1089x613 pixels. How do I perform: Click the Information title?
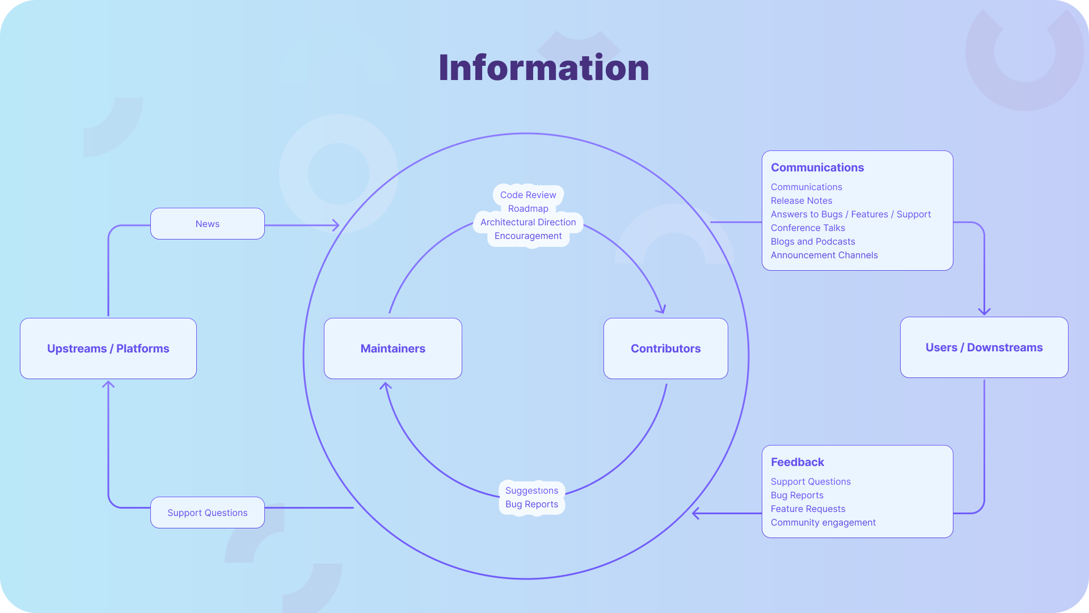[x=543, y=68]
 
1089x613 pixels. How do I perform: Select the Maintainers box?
[x=392, y=349]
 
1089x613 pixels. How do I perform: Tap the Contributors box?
[x=665, y=349]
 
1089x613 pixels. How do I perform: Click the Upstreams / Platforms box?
[x=108, y=349]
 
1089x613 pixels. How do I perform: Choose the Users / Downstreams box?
[x=984, y=347]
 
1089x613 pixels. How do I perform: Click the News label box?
[x=208, y=224]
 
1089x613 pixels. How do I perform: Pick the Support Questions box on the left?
[x=208, y=513]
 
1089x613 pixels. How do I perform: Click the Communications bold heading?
[x=817, y=167]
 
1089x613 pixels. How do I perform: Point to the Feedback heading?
[x=797, y=462]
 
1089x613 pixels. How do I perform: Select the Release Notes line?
[x=801, y=200]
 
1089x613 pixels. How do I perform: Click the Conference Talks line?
[x=807, y=228]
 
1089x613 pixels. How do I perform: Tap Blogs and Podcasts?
[x=812, y=241]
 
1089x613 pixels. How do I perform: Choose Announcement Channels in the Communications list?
[x=824, y=255]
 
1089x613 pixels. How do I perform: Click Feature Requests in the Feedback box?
[x=808, y=509]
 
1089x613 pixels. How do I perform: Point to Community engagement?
[x=822, y=522]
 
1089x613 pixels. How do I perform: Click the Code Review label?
[x=527, y=195]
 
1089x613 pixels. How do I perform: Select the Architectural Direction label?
[x=527, y=222]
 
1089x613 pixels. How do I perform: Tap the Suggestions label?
[x=531, y=490]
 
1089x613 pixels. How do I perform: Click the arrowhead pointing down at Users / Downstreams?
[x=984, y=311]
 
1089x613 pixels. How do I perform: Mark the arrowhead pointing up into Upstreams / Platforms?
[x=108, y=385]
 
